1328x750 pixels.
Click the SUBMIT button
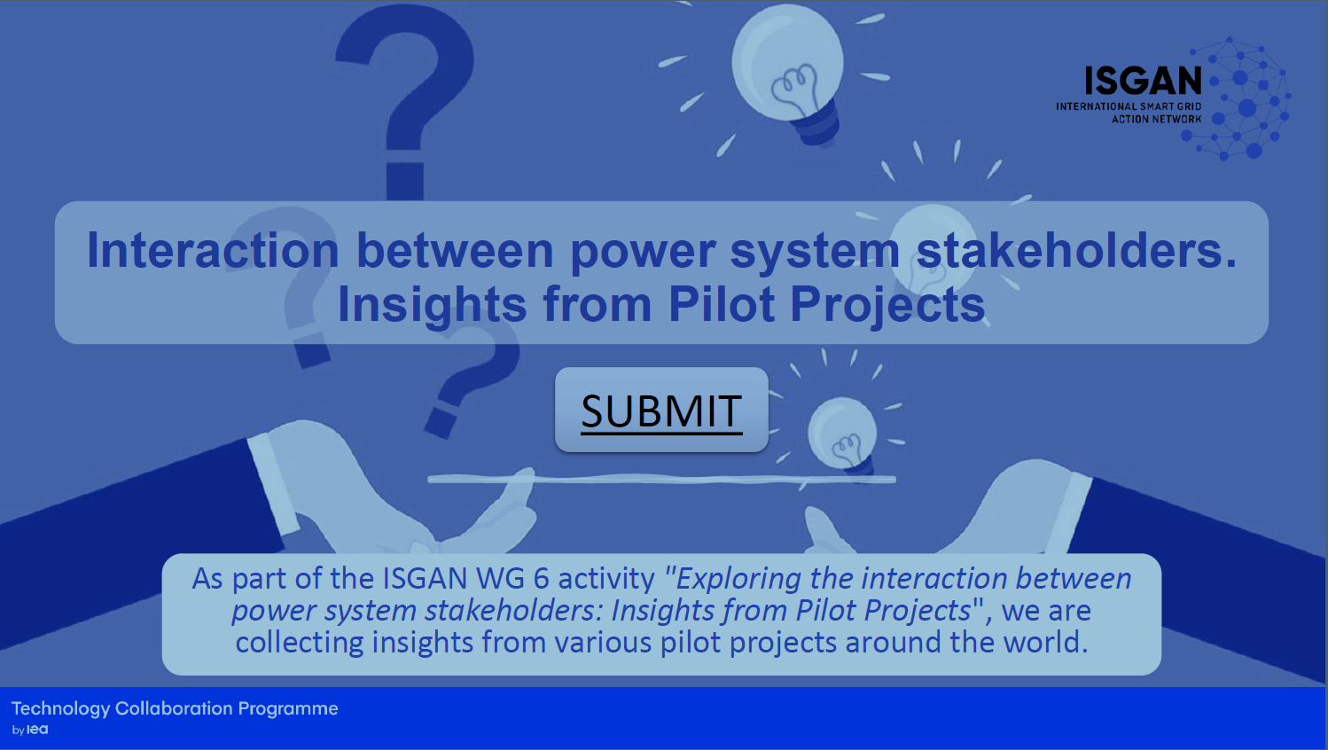point(661,410)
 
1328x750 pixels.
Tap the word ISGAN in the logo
point(1143,81)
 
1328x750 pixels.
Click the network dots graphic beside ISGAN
point(1241,98)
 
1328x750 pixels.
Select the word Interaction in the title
point(213,250)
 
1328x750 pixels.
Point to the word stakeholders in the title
point(1076,250)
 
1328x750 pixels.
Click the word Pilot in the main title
point(722,303)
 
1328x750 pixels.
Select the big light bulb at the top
point(788,74)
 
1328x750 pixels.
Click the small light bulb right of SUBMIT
point(842,436)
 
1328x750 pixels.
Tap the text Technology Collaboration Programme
point(175,708)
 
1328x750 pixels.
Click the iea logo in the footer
point(37,730)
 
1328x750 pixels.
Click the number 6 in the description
point(542,578)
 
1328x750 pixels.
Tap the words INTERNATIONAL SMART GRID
point(1129,106)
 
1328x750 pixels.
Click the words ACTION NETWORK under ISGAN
point(1157,119)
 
